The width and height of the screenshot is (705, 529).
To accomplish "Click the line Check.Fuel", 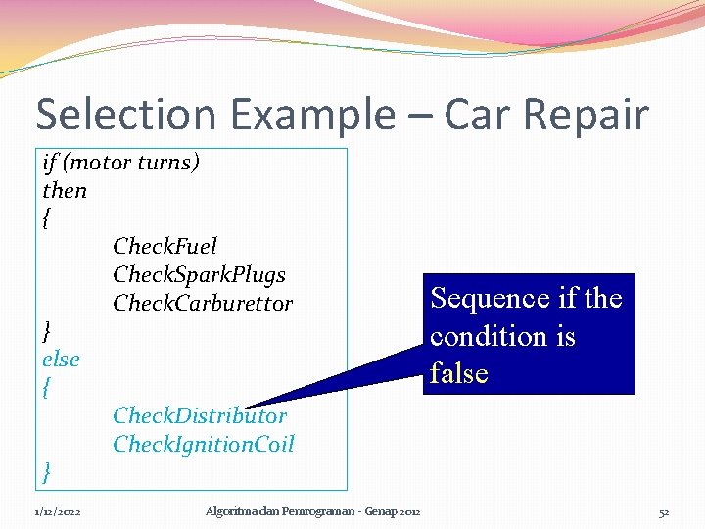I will coord(164,246).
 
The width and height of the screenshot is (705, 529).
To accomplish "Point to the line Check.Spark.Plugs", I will coord(199,274).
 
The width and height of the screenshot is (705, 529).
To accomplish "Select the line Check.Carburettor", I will coord(203,303).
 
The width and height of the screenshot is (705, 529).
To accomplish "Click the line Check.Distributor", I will coord(200,416).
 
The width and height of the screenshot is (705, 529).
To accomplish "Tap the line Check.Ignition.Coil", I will coord(203,445).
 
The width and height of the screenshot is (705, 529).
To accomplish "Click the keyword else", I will coord(61,360).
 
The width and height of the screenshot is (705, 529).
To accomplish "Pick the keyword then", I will coord(65,190).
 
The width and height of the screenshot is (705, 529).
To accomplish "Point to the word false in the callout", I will coord(459,373).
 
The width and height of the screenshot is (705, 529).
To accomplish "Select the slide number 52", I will coord(663,511).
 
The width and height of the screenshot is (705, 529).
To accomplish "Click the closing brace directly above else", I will coord(47,331).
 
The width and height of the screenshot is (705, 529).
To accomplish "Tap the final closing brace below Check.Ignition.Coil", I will coord(47,473).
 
